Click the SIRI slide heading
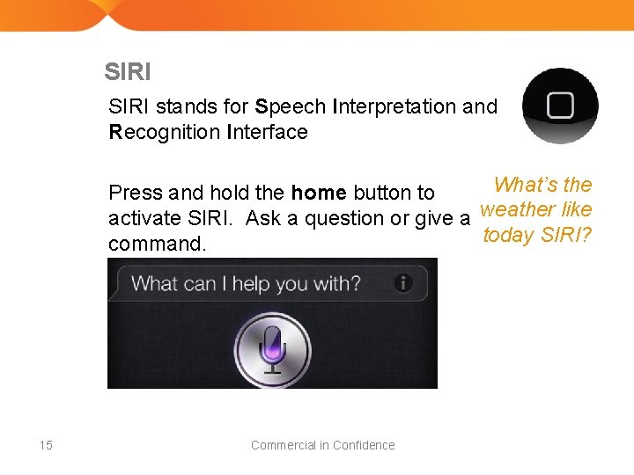[x=127, y=71]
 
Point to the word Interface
[x=267, y=133]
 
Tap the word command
[x=157, y=244]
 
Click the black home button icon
[x=560, y=106]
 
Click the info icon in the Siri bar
[x=403, y=283]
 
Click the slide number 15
[x=46, y=445]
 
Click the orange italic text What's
[x=526, y=185]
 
